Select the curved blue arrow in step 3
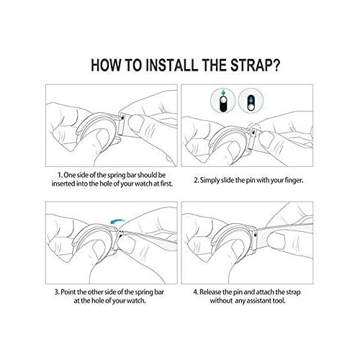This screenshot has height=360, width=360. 117,221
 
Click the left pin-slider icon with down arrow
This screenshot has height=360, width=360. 223,100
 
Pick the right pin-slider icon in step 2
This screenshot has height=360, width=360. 251,100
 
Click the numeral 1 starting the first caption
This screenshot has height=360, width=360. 60,175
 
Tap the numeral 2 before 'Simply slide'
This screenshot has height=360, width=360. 196,180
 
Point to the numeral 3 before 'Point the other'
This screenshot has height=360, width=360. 57,292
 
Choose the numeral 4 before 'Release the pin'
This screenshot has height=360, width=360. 196,292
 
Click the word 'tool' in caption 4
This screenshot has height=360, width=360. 279,300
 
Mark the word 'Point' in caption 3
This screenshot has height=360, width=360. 68,292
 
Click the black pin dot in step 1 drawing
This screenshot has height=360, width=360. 123,117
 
